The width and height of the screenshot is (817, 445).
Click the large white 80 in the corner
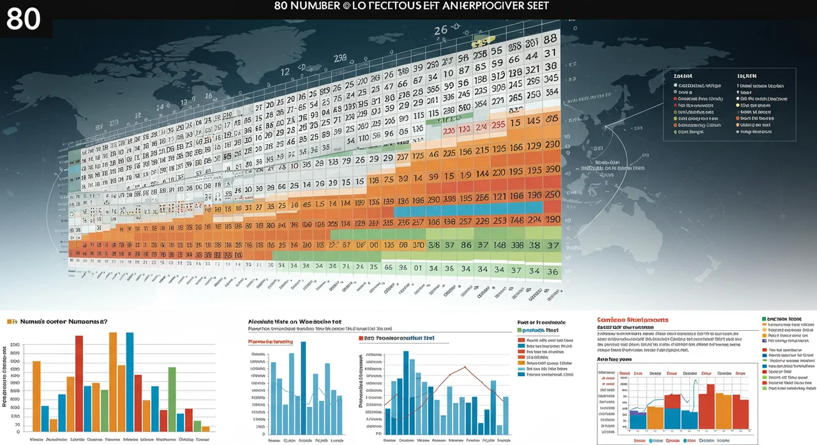(24, 19)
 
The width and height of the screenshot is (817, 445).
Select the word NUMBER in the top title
(306, 6)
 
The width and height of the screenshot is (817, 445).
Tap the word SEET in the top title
(536, 6)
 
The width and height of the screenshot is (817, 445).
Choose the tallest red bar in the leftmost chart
(79, 383)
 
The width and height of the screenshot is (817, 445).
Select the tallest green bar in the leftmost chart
(172, 399)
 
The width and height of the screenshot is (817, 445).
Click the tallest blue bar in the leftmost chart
(130, 381)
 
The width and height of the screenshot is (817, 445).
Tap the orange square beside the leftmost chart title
(10, 323)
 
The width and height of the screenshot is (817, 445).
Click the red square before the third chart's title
(361, 339)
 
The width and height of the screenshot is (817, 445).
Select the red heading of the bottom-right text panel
(633, 319)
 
